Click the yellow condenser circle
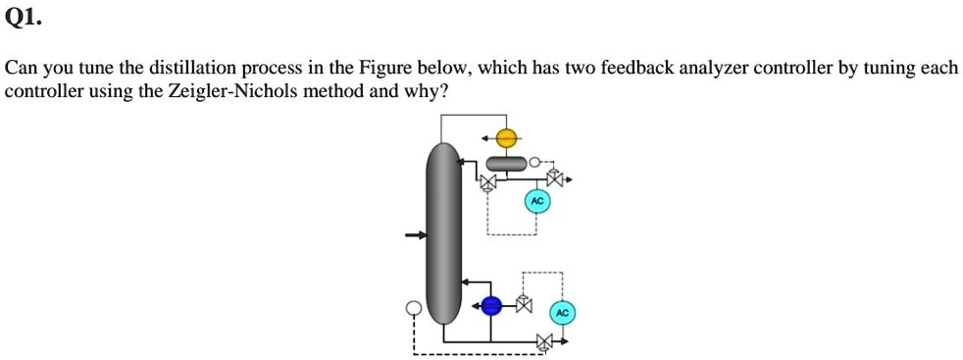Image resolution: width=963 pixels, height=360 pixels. [x=505, y=138]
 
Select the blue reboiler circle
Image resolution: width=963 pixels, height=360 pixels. [x=492, y=306]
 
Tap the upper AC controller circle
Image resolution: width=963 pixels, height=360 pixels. [x=536, y=201]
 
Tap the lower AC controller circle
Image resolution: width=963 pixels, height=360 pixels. [x=562, y=313]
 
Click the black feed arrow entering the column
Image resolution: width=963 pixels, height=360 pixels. [x=417, y=235]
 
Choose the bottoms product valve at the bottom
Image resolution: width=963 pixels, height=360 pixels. [x=545, y=342]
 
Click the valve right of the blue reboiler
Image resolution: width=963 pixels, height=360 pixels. [x=524, y=306]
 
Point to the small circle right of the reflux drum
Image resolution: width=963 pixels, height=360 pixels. [x=534, y=162]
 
